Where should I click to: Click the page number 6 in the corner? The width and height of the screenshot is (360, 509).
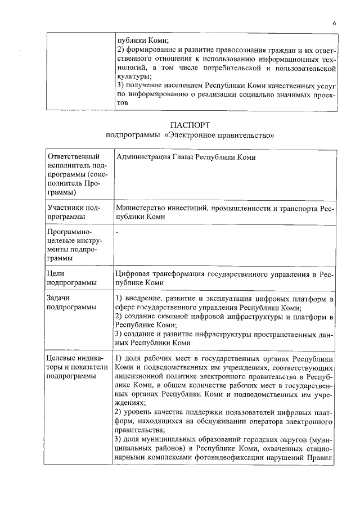coord(334,23)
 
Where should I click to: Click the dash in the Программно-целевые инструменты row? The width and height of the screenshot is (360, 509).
coord(117,232)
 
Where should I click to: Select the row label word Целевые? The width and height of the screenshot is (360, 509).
coord(63,358)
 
